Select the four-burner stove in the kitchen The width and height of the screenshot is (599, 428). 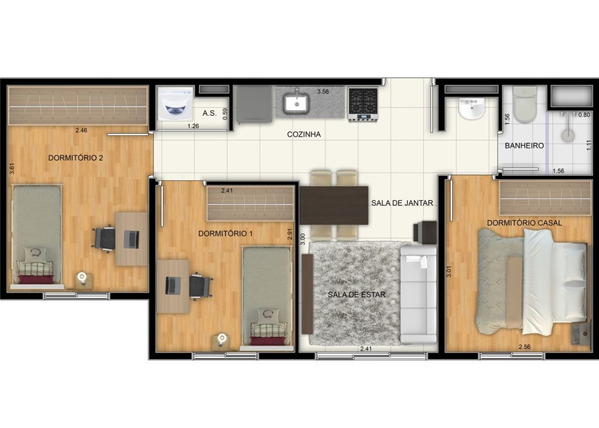point(363,103)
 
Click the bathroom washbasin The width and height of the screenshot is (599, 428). point(471,109)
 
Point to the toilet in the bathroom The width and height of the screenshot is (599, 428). point(524,105)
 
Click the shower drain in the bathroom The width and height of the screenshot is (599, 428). point(568,135)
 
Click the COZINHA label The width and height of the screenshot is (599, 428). point(304,134)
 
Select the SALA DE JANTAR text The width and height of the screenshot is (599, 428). point(402,203)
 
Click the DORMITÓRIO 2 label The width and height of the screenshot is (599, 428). point(75,157)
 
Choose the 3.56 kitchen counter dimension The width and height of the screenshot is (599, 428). point(323,92)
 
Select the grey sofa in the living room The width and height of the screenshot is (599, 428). point(419,293)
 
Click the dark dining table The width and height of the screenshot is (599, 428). point(333,205)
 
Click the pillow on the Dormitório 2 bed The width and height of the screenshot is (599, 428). point(36,254)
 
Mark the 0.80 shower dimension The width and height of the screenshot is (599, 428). point(584,115)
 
